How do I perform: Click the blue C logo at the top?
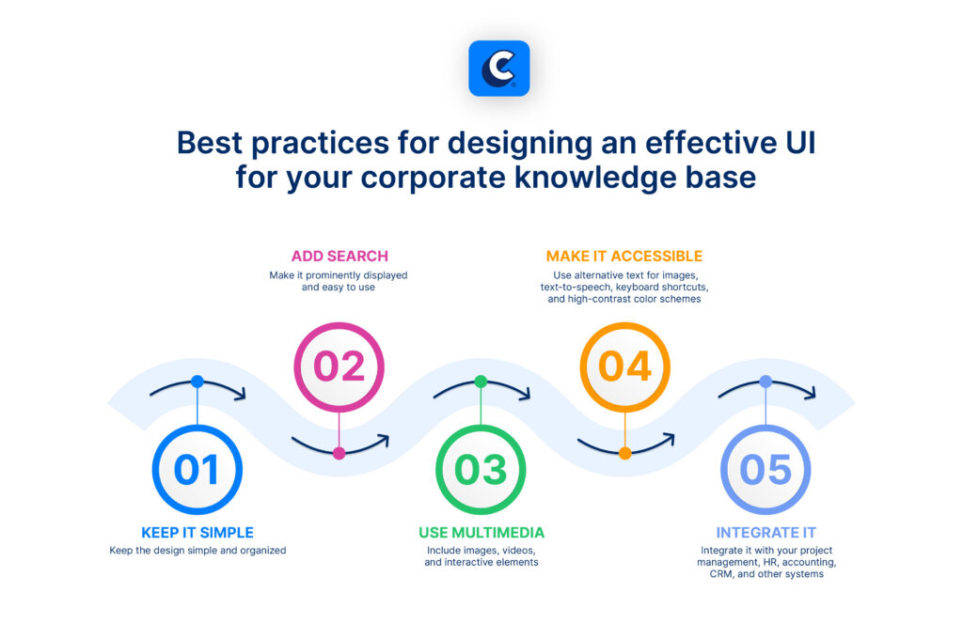pyautogui.click(x=498, y=69)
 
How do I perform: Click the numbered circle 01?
pyautogui.click(x=197, y=470)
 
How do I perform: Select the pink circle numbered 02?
pyautogui.click(x=339, y=366)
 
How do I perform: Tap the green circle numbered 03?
pyautogui.click(x=481, y=470)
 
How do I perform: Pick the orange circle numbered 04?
pyautogui.click(x=624, y=366)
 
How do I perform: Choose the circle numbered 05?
pyautogui.click(x=766, y=470)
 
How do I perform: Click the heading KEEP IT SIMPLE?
pyautogui.click(x=197, y=533)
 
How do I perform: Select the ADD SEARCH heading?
pyautogui.click(x=339, y=256)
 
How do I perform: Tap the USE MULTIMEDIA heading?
pyautogui.click(x=481, y=533)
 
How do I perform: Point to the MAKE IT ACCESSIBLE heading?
pyautogui.click(x=624, y=256)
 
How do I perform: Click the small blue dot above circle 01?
pyautogui.click(x=197, y=382)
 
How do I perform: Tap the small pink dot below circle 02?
pyautogui.click(x=339, y=453)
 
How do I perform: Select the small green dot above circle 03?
pyautogui.click(x=481, y=382)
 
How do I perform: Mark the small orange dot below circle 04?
pyautogui.click(x=624, y=453)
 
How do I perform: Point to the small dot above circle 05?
pyautogui.click(x=766, y=382)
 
